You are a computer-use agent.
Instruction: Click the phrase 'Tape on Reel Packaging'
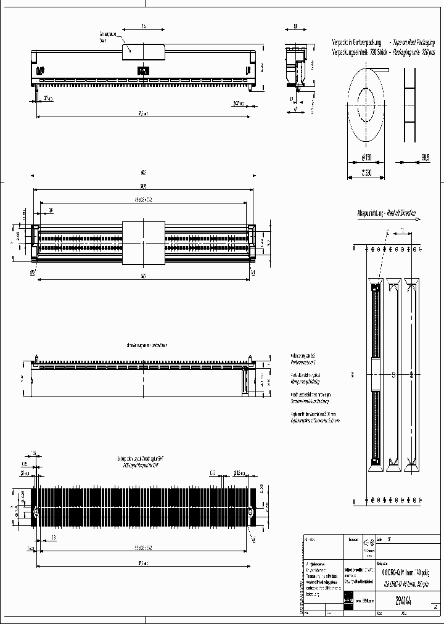pyautogui.click(x=413, y=42)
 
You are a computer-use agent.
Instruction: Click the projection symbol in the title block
pyautogui.click(x=371, y=543)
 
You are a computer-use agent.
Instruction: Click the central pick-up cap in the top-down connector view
pyautogui.click(x=144, y=241)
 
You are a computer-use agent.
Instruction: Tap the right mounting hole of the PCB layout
pyautogui.click(x=251, y=512)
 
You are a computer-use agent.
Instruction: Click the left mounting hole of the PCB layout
pyautogui.click(x=36, y=512)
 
